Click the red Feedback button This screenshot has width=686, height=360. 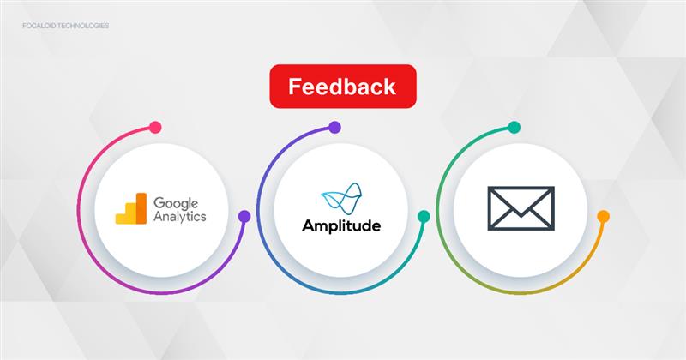click(x=343, y=87)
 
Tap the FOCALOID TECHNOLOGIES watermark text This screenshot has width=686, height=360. click(x=66, y=26)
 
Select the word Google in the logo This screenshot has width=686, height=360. click(x=176, y=204)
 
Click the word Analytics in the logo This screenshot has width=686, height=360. click(x=180, y=217)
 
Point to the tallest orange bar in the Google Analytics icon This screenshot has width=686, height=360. click(x=141, y=208)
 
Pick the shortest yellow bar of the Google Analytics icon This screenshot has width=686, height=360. click(x=121, y=219)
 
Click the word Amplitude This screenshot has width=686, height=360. click(x=341, y=225)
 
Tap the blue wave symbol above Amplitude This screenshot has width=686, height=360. click(x=341, y=199)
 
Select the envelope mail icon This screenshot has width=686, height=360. click(x=521, y=208)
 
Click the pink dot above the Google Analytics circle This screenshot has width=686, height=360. click(x=155, y=128)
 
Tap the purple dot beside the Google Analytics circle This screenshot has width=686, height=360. click(x=244, y=216)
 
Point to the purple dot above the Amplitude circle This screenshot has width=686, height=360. click(x=334, y=128)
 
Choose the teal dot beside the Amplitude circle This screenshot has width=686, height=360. click(x=424, y=216)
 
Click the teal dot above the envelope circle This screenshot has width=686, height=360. click(x=514, y=128)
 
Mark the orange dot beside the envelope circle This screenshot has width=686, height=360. click(x=604, y=216)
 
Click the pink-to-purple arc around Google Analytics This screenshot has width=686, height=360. click(x=78, y=210)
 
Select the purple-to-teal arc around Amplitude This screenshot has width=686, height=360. click(x=257, y=210)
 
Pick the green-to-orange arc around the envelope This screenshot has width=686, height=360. click(x=436, y=210)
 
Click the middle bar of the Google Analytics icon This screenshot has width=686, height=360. click(x=131, y=213)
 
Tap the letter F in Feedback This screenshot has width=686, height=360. click(x=294, y=87)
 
